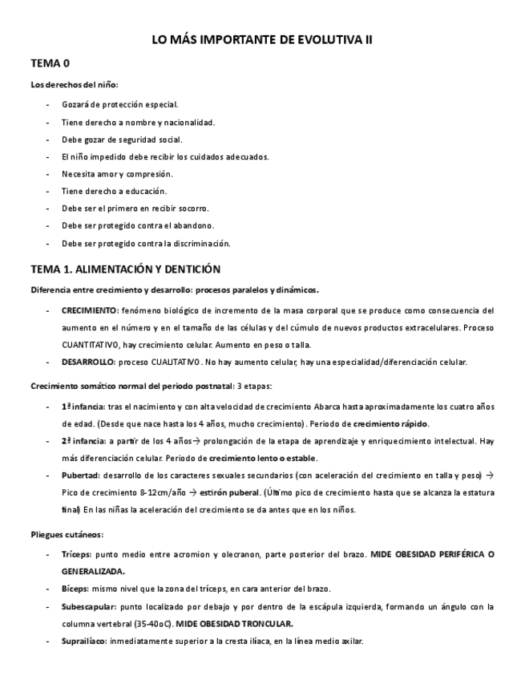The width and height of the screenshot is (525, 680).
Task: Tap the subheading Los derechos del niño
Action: coord(75,84)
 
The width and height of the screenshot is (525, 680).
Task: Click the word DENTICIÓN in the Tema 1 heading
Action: coord(186,269)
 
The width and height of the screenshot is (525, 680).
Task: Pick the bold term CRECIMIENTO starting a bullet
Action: coord(89,310)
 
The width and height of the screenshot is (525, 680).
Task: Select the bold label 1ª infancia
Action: coord(82,407)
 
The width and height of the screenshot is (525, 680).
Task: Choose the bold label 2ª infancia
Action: coord(82,441)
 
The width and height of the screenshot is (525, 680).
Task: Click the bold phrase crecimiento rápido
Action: coord(390,423)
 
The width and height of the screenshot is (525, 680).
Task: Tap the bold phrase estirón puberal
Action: coord(232,492)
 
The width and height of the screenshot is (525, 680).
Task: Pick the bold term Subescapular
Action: coord(85,606)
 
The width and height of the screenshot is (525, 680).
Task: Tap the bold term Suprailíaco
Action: coord(83,642)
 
